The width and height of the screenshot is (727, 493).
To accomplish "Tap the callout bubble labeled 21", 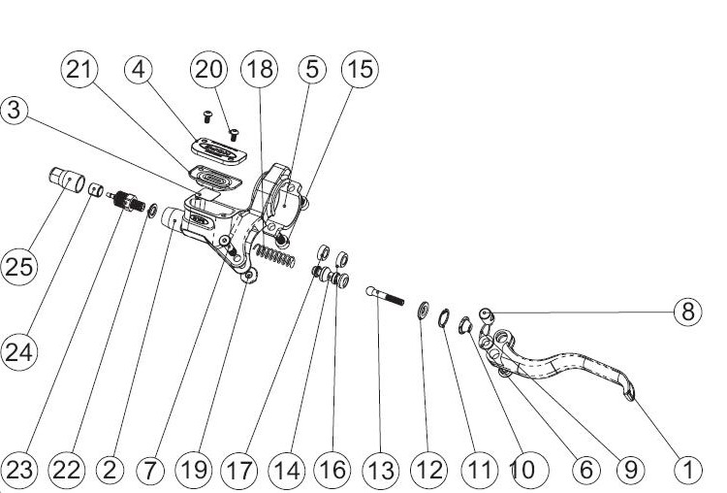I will [79, 69].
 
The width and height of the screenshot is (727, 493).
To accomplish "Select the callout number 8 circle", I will [686, 312].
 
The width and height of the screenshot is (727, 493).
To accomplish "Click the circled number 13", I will [380, 470].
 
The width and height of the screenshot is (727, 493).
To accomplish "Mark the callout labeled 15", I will [360, 69].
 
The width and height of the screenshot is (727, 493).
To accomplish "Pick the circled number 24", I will [17, 353].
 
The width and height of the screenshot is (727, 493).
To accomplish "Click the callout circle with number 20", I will [209, 69].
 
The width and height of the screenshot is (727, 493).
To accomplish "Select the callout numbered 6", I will [585, 470].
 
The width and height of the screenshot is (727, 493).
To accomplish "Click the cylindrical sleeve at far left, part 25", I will [65, 181].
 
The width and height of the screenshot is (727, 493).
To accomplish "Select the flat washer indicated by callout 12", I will [425, 312].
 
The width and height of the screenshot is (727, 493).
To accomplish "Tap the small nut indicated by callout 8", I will [486, 312].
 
